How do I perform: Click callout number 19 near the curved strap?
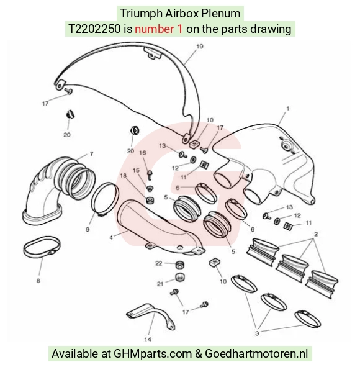coord(199,47)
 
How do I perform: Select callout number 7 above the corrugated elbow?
coord(91,154)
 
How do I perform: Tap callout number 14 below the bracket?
coord(148,339)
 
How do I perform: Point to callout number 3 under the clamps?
coord(257,333)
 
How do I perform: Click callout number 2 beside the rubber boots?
coord(316,234)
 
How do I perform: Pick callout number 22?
coord(159,263)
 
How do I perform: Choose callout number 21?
coord(160,284)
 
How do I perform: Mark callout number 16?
coord(143,153)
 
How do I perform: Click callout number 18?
coord(124,176)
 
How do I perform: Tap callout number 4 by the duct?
coord(111,238)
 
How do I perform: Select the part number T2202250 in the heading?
coord(94,29)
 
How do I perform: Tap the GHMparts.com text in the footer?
coord(153,353)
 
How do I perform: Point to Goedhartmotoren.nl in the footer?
coord(256,353)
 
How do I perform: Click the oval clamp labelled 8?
coord(42,247)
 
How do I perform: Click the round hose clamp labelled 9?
coord(104,199)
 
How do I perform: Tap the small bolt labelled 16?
coord(150,174)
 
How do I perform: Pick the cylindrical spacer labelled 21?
coord(179,278)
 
